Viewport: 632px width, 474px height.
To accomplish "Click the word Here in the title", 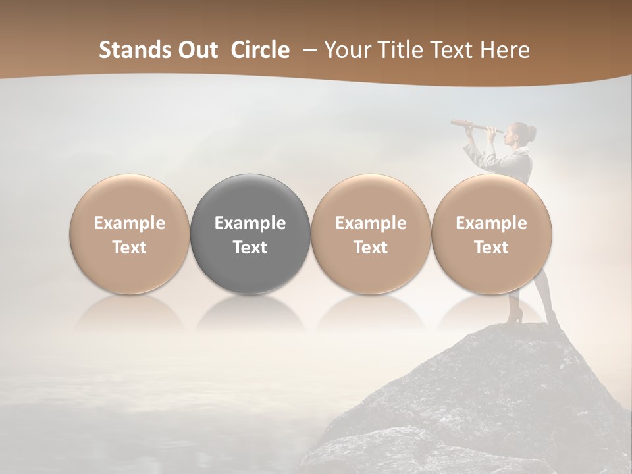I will click(x=505, y=50).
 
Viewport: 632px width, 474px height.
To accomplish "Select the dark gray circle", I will click(x=250, y=234).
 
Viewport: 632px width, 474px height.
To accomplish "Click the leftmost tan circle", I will click(x=130, y=234).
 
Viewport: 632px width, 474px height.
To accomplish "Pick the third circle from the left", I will click(x=371, y=234).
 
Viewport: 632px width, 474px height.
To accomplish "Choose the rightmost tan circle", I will click(x=491, y=234).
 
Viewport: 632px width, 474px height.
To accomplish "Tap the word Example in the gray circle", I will click(x=250, y=223).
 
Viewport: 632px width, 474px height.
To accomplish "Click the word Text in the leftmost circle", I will click(x=130, y=248).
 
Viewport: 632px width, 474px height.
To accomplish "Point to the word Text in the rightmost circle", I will click(x=491, y=248).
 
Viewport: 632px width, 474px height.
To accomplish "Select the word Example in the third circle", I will click(x=371, y=223).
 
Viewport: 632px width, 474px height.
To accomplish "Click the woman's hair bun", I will click(x=531, y=134).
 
